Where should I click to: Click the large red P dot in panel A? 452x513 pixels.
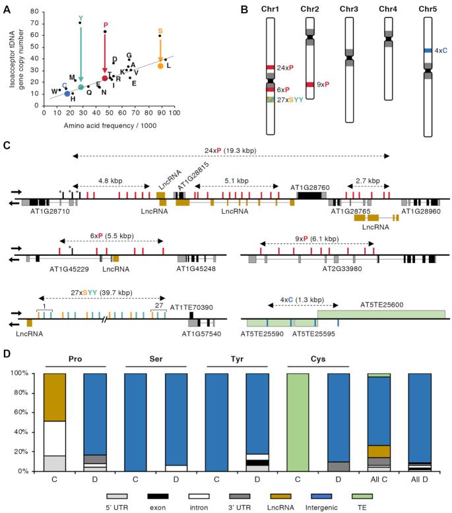[x=105, y=78]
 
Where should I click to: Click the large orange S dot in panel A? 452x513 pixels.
[x=160, y=66]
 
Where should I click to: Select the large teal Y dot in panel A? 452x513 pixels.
[x=81, y=87]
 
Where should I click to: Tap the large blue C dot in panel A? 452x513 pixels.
[x=67, y=94]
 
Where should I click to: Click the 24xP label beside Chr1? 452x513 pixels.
[x=286, y=68]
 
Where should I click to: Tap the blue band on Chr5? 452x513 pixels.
[x=428, y=50]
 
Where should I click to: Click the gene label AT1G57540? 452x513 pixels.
[x=199, y=335]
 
